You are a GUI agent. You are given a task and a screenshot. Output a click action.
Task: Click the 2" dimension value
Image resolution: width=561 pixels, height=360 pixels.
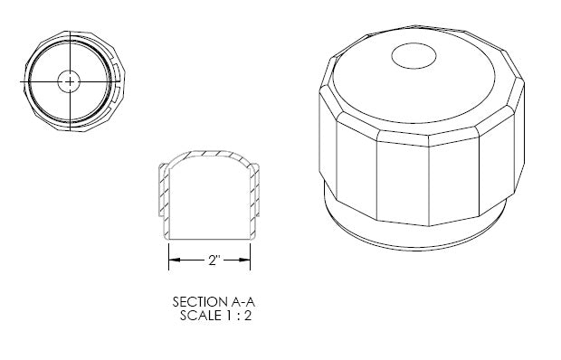[x=214, y=260]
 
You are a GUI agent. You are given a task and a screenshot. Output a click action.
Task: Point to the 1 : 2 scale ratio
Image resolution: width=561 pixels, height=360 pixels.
[x=239, y=316]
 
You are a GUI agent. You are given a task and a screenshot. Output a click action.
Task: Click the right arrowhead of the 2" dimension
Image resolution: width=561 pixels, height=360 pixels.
[x=244, y=260]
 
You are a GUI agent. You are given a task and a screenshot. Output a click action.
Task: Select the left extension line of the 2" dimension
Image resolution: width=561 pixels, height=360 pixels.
[x=169, y=256]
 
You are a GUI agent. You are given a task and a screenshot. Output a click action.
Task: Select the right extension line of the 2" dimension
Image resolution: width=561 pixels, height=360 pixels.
[x=250, y=256]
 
